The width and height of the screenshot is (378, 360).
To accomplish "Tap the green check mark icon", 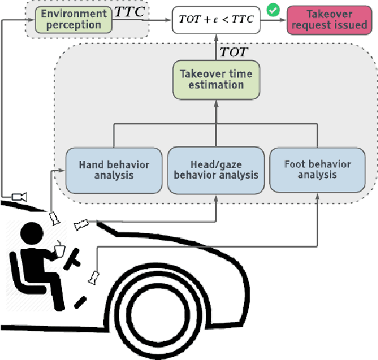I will coord(274,9).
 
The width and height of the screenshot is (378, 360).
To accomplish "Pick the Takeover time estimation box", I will coord(217,79).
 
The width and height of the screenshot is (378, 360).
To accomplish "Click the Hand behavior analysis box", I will coord(114,170).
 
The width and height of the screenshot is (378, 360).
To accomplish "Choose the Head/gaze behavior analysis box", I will coord(216,170).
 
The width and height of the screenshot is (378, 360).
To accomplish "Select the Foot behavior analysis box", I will coord(318,170).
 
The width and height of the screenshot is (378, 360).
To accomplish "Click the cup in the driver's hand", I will coord(61,251).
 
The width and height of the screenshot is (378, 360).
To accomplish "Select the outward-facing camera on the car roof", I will coord(19,195).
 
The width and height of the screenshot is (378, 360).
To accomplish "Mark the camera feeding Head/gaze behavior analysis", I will coord(83,223).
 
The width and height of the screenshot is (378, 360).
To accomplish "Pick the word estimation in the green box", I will coord(217,85).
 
